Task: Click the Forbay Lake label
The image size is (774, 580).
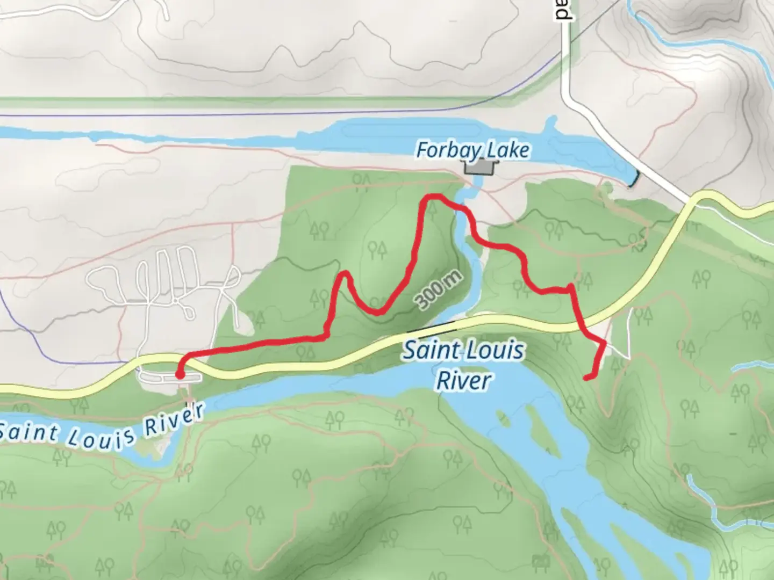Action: coord(472,150)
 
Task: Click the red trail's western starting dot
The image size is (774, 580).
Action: coord(180,374)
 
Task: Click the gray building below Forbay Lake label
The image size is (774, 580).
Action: coord(479,168)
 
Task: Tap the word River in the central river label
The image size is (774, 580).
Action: coord(463,380)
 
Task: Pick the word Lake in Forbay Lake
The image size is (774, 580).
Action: coord(508,150)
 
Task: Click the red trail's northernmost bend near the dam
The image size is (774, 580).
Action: coord(433,198)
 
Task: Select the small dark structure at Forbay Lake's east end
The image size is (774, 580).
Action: coord(635,180)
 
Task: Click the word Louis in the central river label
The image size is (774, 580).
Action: coord(493,351)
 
